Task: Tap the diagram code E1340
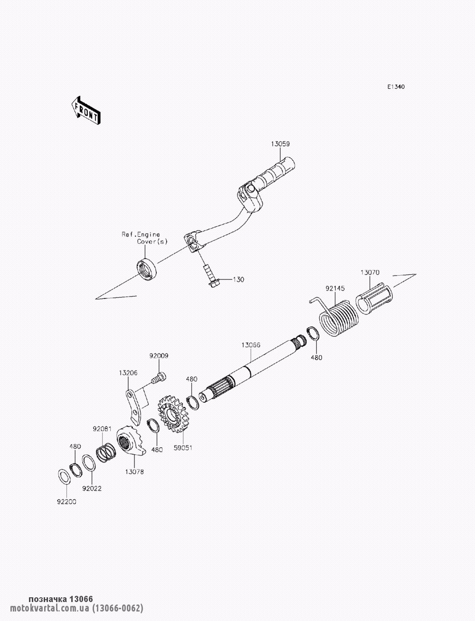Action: coord(396,87)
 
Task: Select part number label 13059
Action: coord(280,144)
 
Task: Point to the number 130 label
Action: coord(238,279)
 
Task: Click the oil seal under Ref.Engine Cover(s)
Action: coord(146,268)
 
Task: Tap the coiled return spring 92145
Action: coord(336,316)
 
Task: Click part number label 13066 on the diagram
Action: coord(251,345)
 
